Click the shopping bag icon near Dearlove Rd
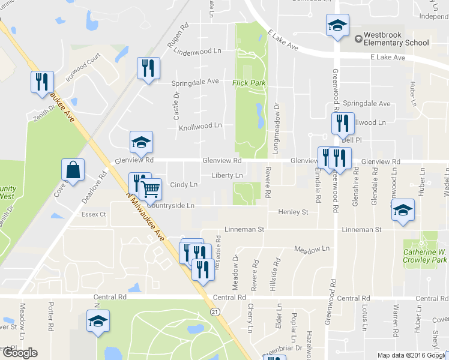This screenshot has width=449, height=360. coord(73,170)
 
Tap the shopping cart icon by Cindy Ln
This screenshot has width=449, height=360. coord(151,189)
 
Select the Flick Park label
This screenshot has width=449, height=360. coord(249,83)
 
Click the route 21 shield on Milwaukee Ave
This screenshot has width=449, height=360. coord(214,311)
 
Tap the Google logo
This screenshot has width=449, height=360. coord(19,353)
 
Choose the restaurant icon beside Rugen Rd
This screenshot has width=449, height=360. coord(147,67)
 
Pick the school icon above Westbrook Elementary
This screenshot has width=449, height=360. coord(337,26)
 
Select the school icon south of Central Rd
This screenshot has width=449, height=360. coord(98,320)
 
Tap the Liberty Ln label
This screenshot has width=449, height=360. coord(226,175)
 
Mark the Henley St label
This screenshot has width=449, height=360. coord(293,212)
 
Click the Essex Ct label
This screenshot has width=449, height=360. coord(94,214)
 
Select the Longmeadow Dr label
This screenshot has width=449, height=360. coord(277,123)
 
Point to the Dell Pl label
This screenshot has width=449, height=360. coord(354,140)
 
